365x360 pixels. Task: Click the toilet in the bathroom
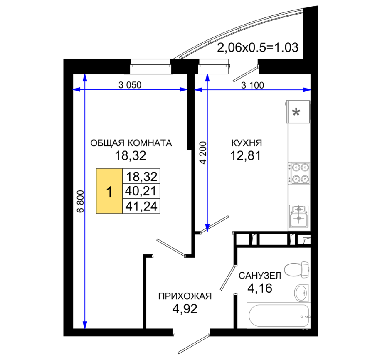[297, 269]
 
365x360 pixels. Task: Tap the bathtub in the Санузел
[279, 316]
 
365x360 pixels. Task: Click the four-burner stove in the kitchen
[299, 173]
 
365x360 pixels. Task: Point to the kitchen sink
[299, 217]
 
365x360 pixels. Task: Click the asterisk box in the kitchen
[298, 112]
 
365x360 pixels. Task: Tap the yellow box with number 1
[109, 191]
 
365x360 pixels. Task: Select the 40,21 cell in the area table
[141, 191]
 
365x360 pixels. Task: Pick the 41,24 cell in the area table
[141, 206]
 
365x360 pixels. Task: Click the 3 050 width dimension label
[130, 85]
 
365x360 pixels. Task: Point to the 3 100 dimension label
[253, 85]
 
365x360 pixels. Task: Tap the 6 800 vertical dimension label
[81, 201]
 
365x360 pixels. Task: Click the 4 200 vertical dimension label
[203, 153]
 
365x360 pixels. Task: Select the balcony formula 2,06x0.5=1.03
[258, 48]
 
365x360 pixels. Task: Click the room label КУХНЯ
[247, 143]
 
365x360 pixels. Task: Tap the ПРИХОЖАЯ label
[185, 296]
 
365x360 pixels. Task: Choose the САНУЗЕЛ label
[260, 276]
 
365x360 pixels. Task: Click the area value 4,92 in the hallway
[185, 309]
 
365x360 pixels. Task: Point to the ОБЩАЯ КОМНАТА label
[131, 143]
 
